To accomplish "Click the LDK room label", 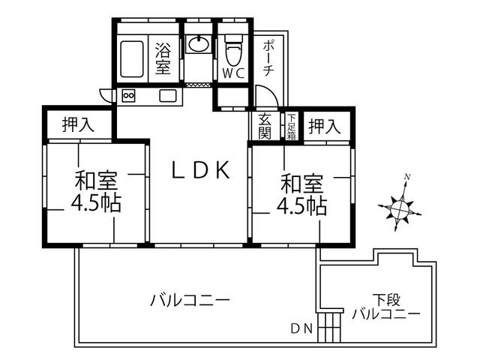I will point(199,170).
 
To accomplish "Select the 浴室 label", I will point(163,58).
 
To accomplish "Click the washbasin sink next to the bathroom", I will point(199,44).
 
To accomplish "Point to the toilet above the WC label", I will point(232,49).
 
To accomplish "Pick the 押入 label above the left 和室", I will point(78,124).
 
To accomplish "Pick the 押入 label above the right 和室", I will point(325,126).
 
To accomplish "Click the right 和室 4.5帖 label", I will point(301,194).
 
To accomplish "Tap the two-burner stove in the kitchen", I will point(127,96).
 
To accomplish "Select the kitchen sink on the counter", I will point(166,96).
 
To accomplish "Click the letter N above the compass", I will point(406,178).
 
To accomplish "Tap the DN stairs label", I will point(302,328).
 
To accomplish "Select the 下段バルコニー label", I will point(385,307).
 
